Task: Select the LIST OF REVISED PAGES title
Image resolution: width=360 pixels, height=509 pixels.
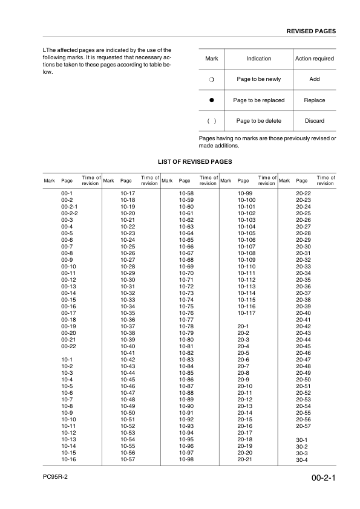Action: (195, 162)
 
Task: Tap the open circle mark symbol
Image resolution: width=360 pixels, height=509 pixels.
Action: (212, 80)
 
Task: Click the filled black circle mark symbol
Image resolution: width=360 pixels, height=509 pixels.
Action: (212, 100)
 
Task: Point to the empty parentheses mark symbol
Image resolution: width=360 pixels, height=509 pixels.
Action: (212, 121)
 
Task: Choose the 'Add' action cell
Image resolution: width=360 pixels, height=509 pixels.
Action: (314, 80)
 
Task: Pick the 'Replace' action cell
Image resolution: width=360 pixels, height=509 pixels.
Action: (314, 100)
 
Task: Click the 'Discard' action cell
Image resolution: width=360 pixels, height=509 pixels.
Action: (314, 121)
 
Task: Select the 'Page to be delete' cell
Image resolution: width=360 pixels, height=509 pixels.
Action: (258, 121)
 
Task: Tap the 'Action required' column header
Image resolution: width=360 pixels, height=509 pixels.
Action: (314, 59)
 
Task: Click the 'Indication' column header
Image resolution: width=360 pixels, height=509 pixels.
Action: (259, 59)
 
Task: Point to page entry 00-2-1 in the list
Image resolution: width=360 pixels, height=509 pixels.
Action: (70, 207)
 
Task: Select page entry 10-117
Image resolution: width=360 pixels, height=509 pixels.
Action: (246, 313)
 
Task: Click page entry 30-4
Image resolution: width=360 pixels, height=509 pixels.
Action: (302, 461)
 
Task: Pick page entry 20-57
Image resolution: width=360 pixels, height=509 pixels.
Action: (303, 426)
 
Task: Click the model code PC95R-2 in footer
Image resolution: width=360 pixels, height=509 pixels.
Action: (56, 477)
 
